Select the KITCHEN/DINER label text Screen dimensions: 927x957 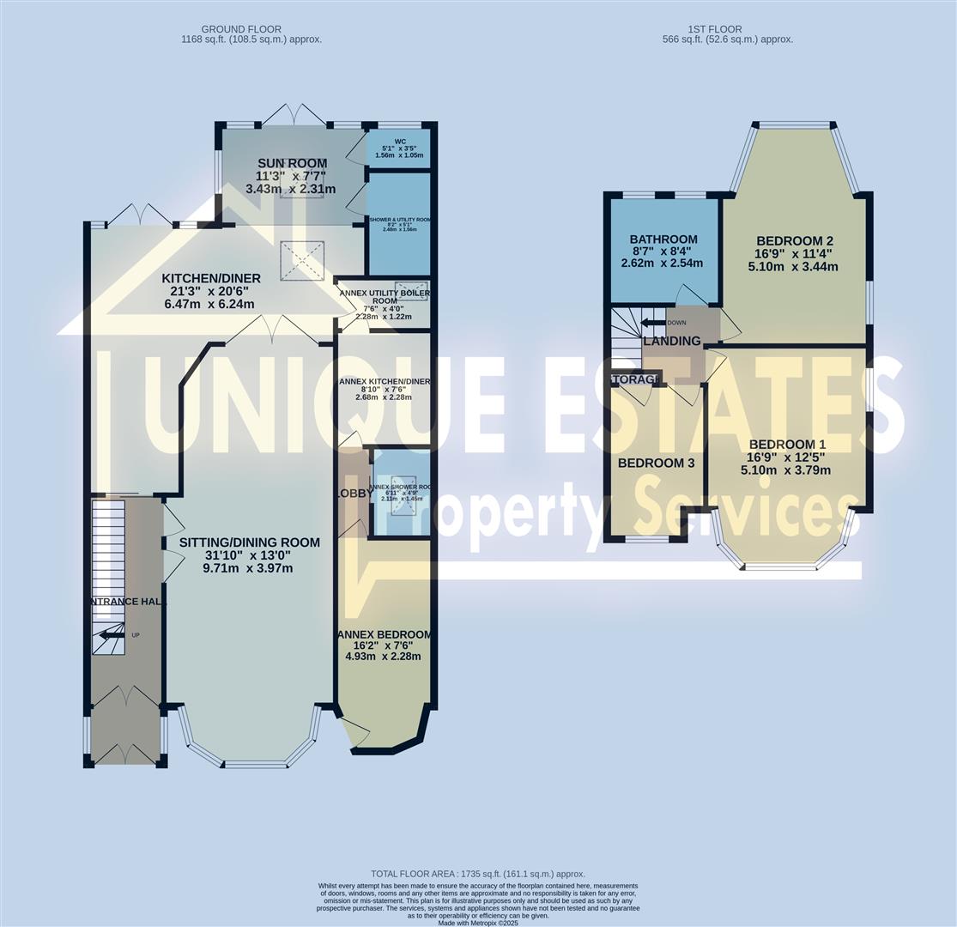click(211, 278)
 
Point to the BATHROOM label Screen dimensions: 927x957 click(663, 239)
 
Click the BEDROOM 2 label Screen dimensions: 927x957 click(794, 240)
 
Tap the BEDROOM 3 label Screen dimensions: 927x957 click(656, 463)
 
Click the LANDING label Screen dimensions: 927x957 click(672, 341)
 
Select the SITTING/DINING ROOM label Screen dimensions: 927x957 click(249, 542)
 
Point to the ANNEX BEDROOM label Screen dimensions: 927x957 click(384, 634)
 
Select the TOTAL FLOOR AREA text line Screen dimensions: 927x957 click(477, 874)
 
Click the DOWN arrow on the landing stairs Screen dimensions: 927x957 click(654, 323)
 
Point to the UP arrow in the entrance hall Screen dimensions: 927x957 click(110, 635)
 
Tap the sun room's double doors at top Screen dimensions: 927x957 click(294, 115)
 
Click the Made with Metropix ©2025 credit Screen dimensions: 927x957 click(477, 923)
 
